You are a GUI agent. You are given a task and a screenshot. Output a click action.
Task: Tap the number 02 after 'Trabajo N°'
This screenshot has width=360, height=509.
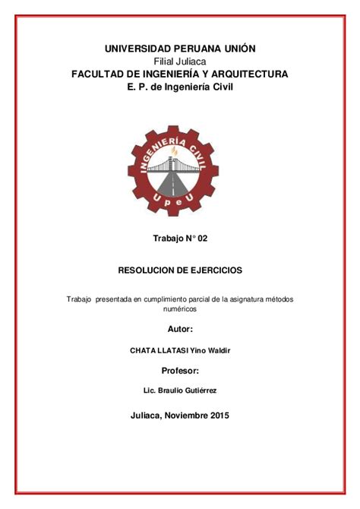[x=201, y=239]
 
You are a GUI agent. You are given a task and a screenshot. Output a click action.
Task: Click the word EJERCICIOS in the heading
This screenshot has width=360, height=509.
[x=218, y=270]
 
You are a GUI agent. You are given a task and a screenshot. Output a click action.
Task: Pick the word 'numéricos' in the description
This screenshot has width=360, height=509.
[x=180, y=309]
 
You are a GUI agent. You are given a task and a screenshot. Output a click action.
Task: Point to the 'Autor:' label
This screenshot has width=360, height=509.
[x=180, y=330]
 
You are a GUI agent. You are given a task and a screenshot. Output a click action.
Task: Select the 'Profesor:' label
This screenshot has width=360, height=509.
[x=180, y=371]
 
